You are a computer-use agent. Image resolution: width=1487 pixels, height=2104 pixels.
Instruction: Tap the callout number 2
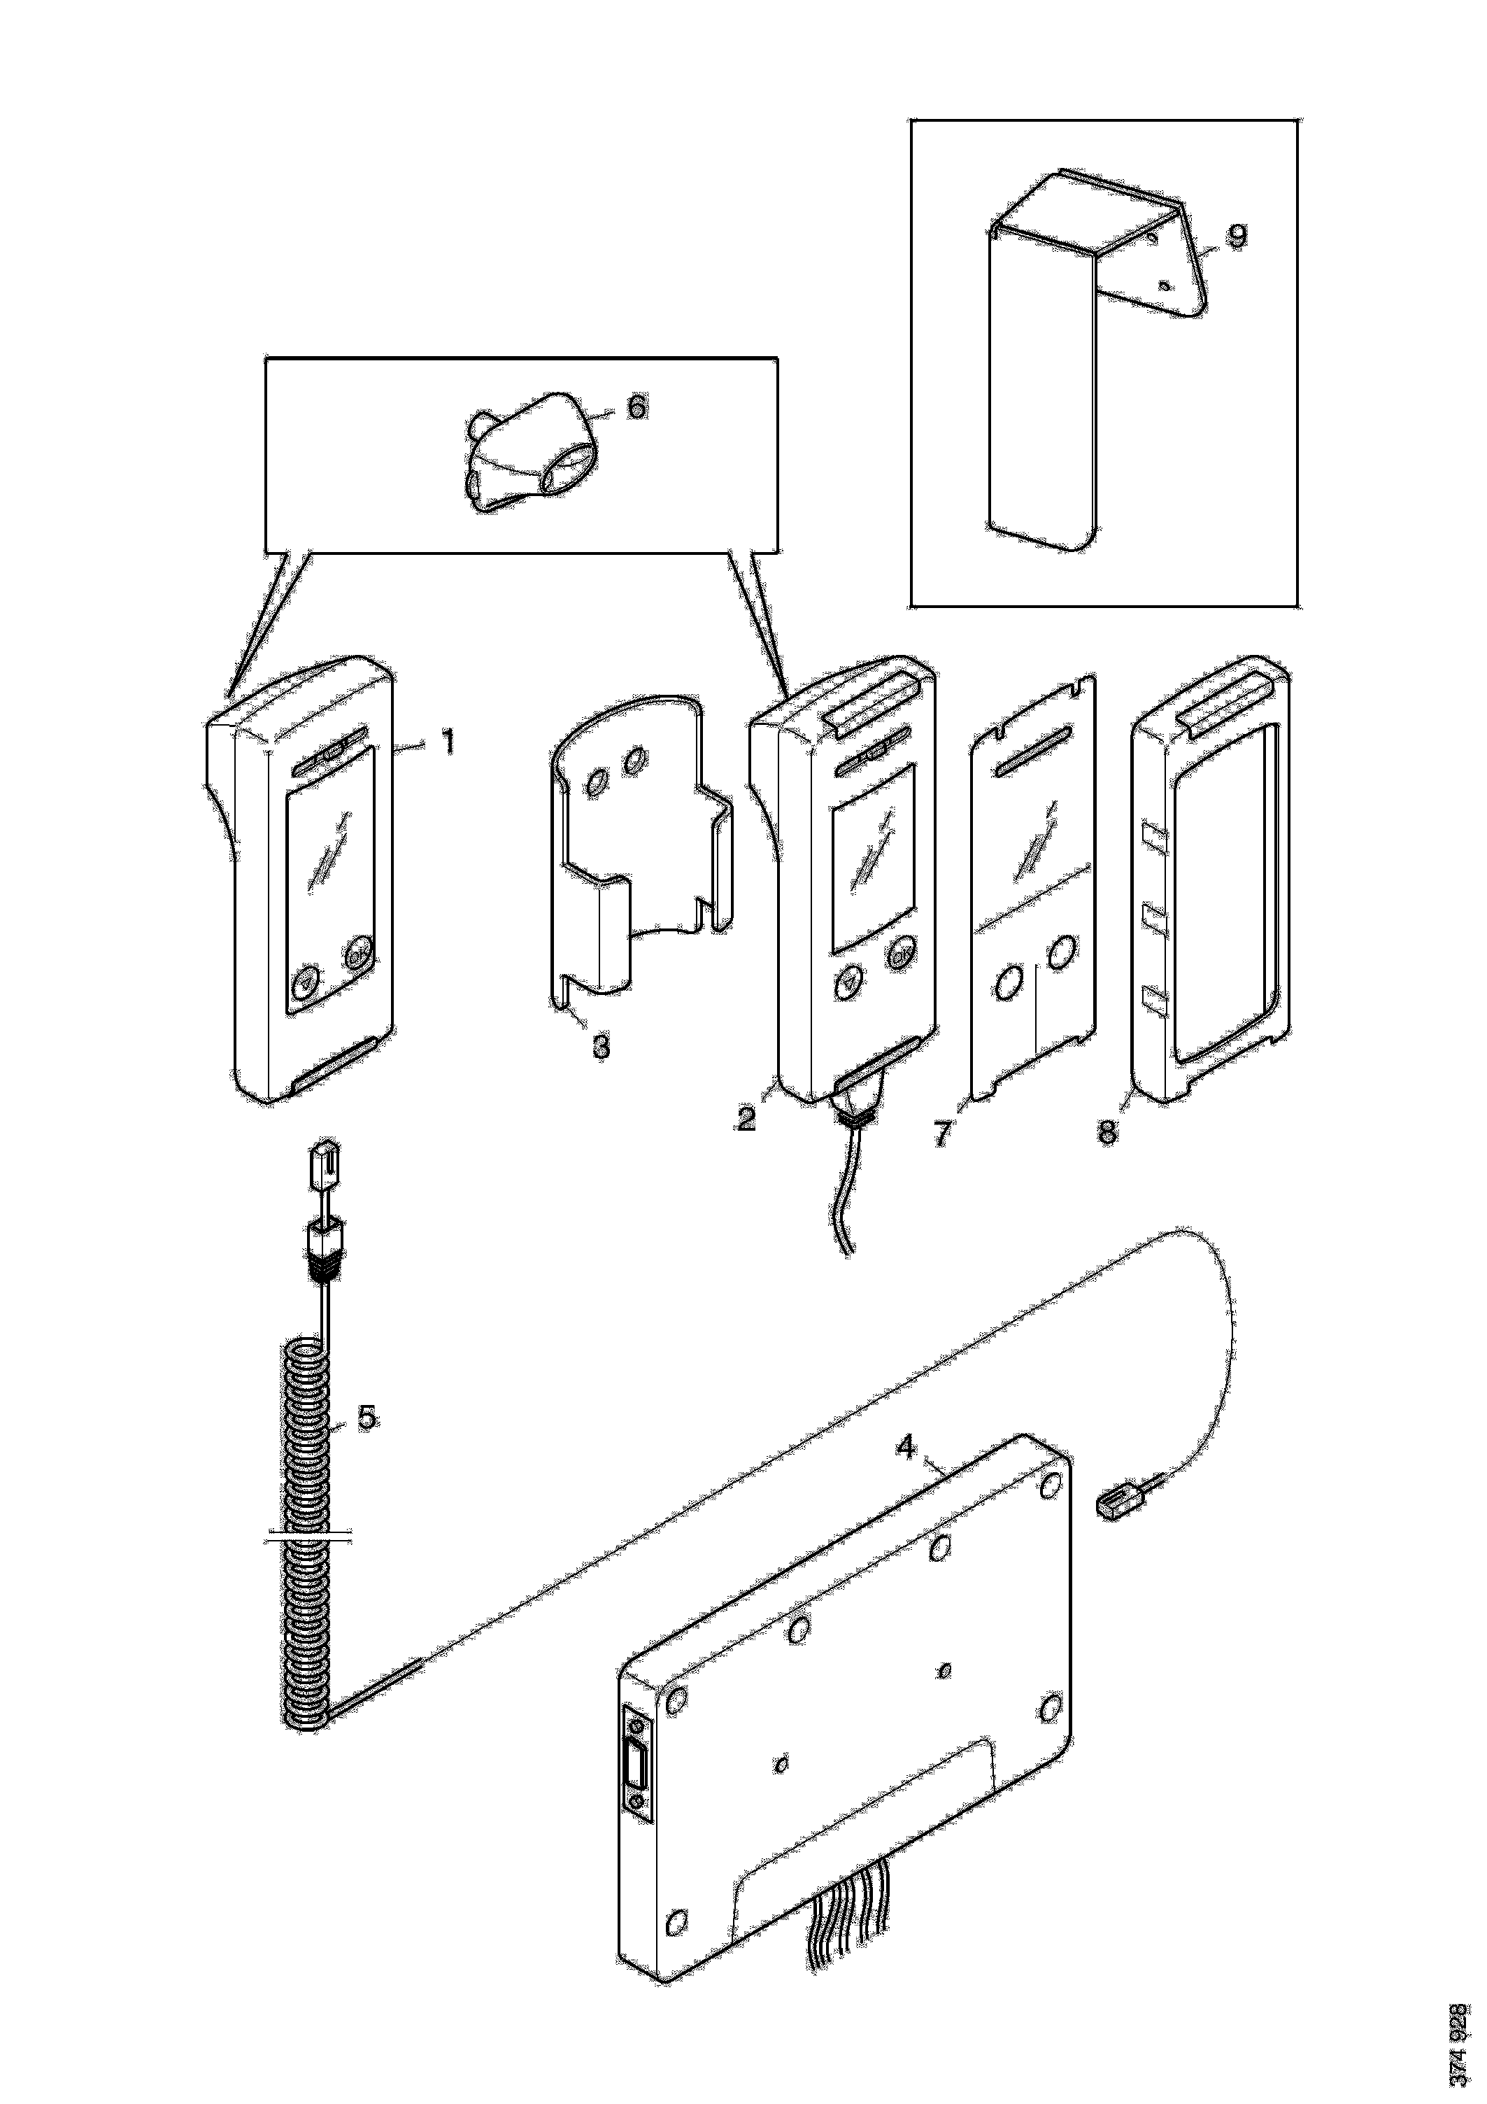click(747, 1119)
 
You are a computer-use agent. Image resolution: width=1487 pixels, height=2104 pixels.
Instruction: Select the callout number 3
click(601, 1045)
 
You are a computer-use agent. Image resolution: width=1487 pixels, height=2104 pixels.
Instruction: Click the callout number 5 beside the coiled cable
click(367, 1418)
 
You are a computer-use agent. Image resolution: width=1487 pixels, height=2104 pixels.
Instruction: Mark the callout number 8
click(1108, 1133)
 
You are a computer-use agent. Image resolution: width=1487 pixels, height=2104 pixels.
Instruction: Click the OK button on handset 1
click(357, 956)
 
